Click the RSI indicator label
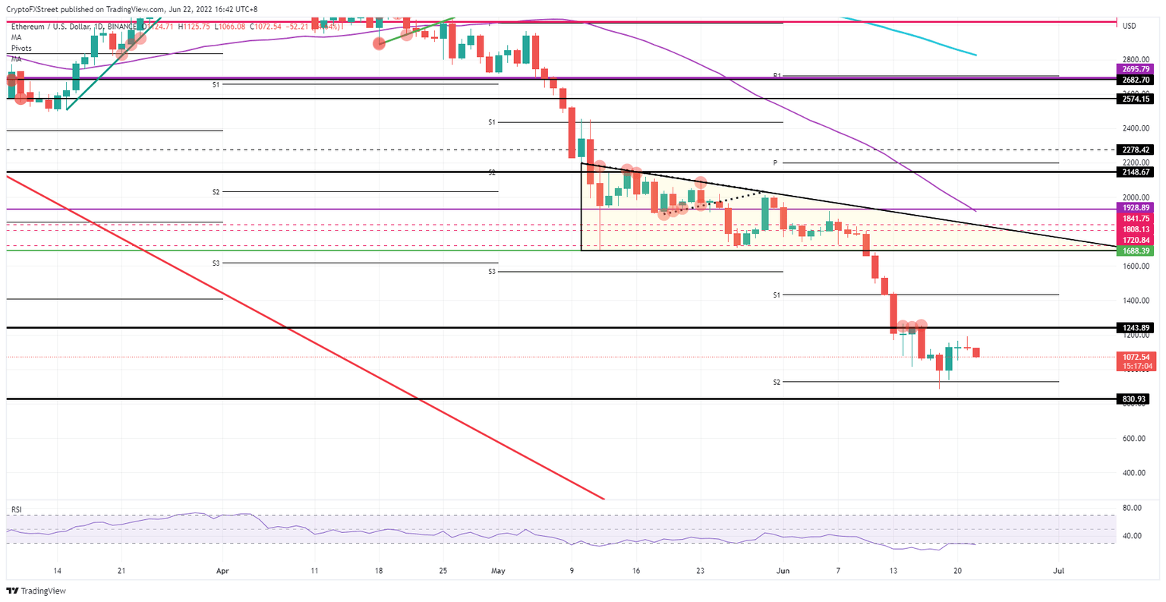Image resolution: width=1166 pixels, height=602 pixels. [15, 508]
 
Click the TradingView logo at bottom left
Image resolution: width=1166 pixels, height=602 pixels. [36, 591]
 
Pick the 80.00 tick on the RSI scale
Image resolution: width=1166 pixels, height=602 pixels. [1133, 508]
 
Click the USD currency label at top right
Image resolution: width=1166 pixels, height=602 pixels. [1130, 27]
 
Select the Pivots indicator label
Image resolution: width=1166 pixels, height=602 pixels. [21, 48]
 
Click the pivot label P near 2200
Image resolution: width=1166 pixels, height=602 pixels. [775, 162]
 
